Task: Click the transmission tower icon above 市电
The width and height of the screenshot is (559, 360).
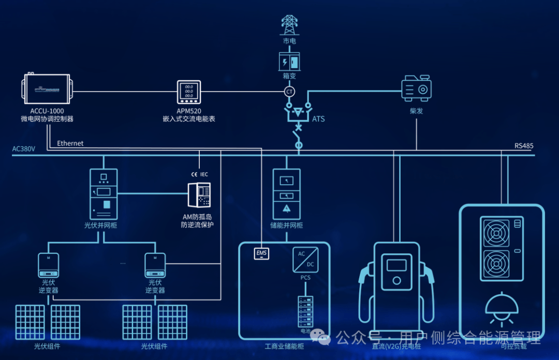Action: [x=289, y=25]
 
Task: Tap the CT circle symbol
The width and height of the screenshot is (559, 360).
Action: [x=289, y=92]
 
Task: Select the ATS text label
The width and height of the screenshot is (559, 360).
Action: [x=318, y=119]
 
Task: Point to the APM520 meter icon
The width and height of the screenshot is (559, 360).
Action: [x=189, y=93]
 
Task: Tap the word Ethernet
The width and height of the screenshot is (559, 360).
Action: [x=70, y=143]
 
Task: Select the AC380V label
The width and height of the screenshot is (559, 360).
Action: [x=23, y=149]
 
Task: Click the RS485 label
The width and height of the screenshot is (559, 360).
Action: [x=524, y=146]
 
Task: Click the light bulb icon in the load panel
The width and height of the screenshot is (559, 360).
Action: [x=502, y=305]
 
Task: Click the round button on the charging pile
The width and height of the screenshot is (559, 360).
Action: [x=396, y=281]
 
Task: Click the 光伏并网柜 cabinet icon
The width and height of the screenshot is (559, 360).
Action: [x=104, y=193]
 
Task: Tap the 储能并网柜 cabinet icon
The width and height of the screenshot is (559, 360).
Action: [x=286, y=193]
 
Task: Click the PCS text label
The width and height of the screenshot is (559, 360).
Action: [x=305, y=278]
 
